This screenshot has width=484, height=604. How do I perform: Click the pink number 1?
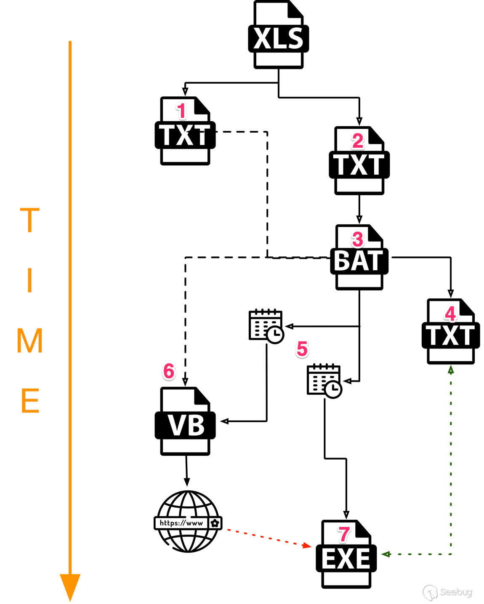(x=181, y=111)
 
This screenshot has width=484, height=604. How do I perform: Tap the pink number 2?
(x=358, y=141)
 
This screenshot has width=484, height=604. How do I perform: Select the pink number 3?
(x=358, y=239)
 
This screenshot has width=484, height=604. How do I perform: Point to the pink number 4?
(x=450, y=314)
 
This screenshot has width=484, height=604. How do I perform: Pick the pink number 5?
(x=302, y=349)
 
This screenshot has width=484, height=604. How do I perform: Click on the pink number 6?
(x=169, y=371)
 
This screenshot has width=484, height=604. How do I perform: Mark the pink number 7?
(x=344, y=534)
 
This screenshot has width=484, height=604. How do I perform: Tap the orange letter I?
(x=30, y=280)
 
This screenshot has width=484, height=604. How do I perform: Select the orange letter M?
(x=30, y=341)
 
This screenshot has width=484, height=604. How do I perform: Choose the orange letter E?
(x=30, y=401)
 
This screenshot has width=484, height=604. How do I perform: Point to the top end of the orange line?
(x=70, y=42)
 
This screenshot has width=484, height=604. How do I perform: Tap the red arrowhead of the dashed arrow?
(x=308, y=546)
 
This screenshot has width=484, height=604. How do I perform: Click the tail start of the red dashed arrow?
(x=228, y=529)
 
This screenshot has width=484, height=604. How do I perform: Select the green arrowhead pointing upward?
(x=451, y=369)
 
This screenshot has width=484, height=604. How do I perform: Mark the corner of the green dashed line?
(x=451, y=554)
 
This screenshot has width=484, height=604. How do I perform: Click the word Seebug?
(x=456, y=592)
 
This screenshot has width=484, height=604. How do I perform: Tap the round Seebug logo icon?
(x=430, y=592)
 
